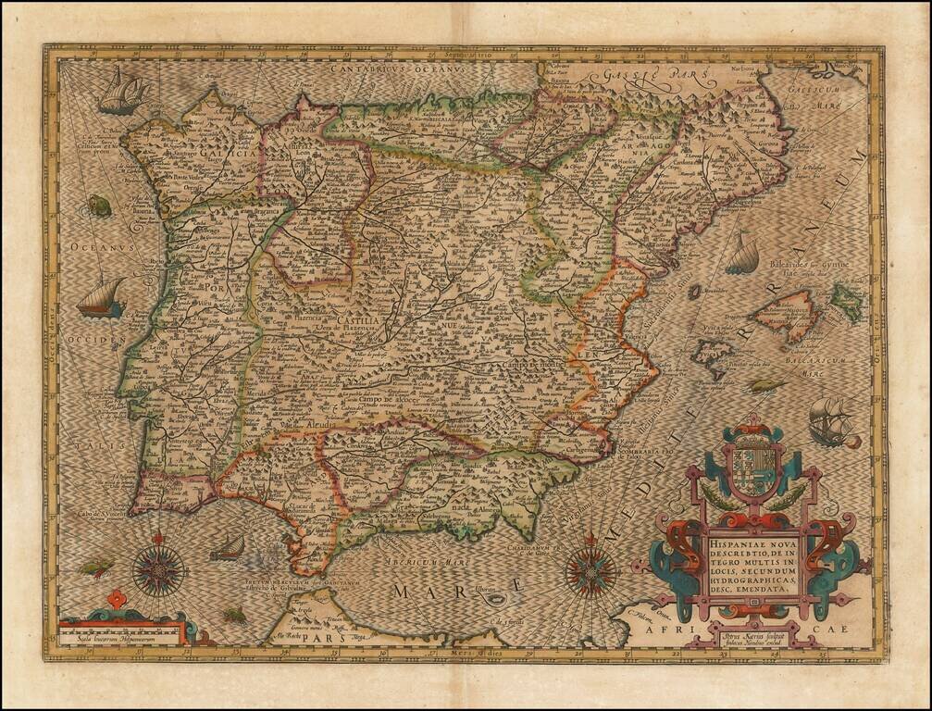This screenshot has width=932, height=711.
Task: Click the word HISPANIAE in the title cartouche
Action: pos(740,545)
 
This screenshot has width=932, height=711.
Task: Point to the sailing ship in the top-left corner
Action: pos(124,92)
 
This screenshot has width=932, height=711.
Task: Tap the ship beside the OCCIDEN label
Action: pos(100,298)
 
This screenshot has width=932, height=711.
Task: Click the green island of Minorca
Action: pos(846,301)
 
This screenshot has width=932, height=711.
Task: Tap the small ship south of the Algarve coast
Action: pos(228,548)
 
